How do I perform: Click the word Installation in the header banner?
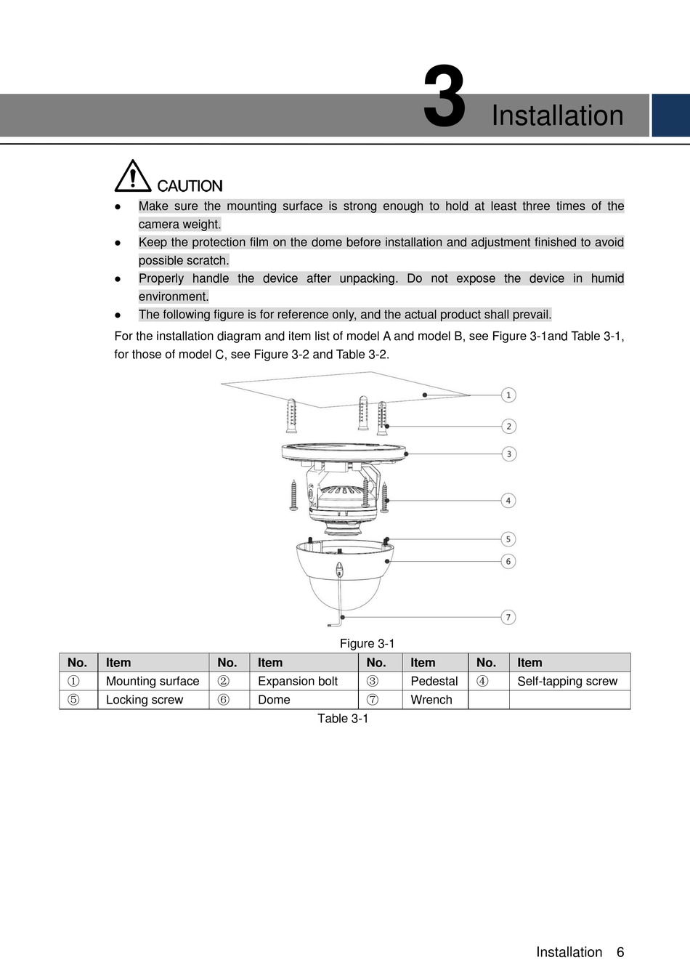pyautogui.click(x=557, y=116)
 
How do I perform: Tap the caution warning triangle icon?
pyautogui.click(x=132, y=176)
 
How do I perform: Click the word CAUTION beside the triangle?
pyautogui.click(x=190, y=186)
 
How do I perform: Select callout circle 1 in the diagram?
pyautogui.click(x=508, y=395)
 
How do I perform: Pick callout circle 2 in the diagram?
pyautogui.click(x=508, y=427)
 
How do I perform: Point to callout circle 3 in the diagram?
pyautogui.click(x=508, y=454)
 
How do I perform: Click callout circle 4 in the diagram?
pyautogui.click(x=508, y=501)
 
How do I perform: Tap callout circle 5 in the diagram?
pyautogui.click(x=508, y=539)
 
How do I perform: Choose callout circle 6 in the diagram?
pyautogui.click(x=508, y=561)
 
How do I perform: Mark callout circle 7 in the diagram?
pyautogui.click(x=508, y=617)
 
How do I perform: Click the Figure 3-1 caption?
pyautogui.click(x=367, y=644)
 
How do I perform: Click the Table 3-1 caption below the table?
pyautogui.click(x=343, y=719)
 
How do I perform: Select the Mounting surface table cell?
pyautogui.click(x=153, y=682)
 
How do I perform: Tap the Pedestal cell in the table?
pyautogui.click(x=434, y=682)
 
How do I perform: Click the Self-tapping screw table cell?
pyautogui.click(x=567, y=682)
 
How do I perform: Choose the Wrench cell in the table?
pyautogui.click(x=431, y=700)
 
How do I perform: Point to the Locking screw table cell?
pyautogui.click(x=145, y=700)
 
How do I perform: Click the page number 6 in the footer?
pyautogui.click(x=620, y=952)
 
